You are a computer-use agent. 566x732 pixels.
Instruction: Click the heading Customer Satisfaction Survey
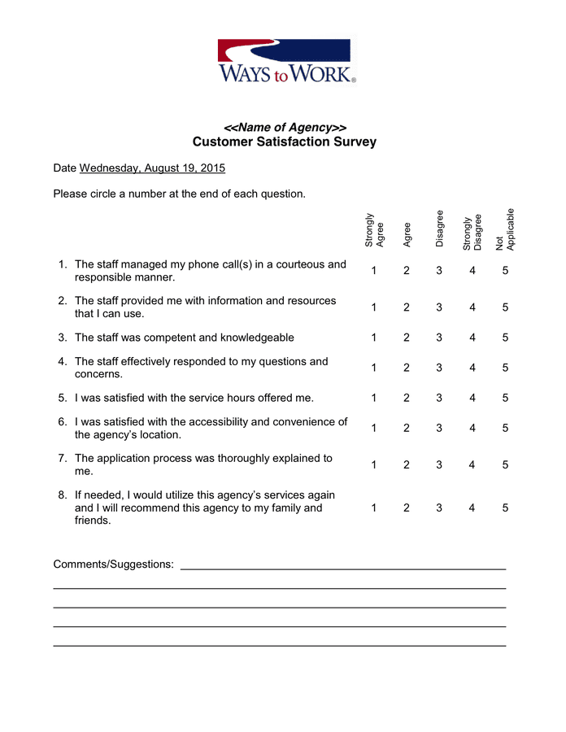click(284, 142)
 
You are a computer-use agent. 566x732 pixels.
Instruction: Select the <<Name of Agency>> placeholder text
click(285, 128)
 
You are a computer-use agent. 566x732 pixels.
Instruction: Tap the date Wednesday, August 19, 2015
click(152, 168)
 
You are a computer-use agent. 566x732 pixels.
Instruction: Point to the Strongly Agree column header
click(374, 230)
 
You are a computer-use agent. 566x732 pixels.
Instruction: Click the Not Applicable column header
click(505, 229)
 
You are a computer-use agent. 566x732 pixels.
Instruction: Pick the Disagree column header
click(439, 229)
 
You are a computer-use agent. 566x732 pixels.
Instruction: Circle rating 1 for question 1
click(374, 271)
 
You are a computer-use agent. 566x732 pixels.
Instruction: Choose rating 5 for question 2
click(505, 307)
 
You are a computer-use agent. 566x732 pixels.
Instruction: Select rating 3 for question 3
click(439, 338)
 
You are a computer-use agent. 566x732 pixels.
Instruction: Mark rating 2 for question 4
click(407, 368)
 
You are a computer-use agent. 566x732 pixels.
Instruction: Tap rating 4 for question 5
click(472, 398)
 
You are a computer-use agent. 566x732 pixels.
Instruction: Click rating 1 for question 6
click(374, 428)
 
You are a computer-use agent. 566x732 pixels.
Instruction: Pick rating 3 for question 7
click(439, 464)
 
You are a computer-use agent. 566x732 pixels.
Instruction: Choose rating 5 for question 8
click(505, 508)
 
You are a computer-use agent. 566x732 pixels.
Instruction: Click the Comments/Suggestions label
click(113, 564)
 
